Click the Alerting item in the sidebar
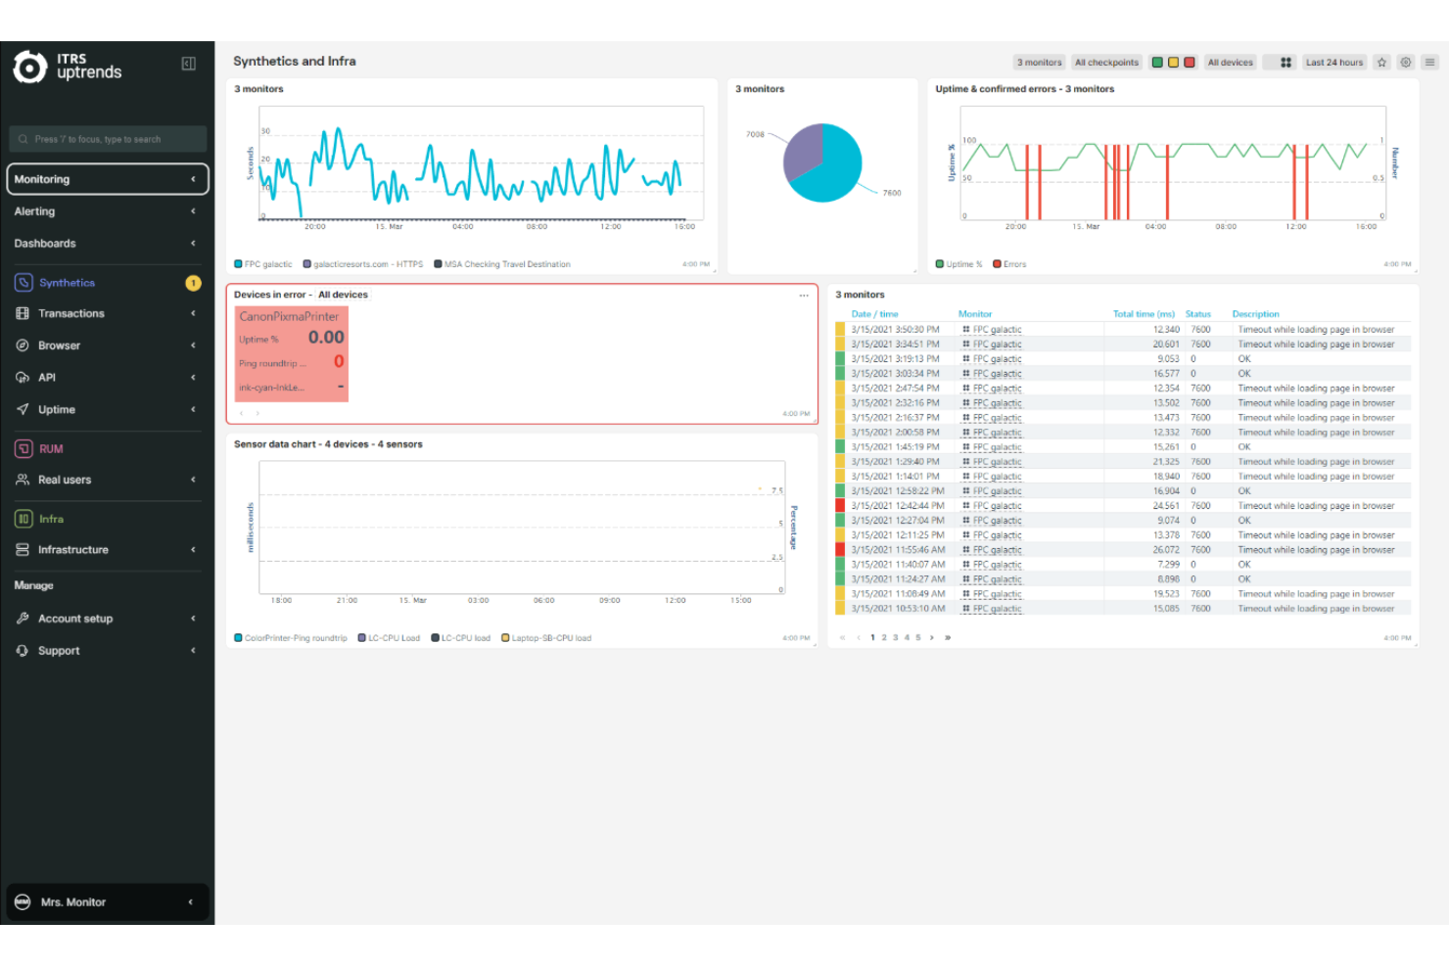click(x=35, y=211)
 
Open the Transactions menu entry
click(x=70, y=314)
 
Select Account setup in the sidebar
click(x=74, y=619)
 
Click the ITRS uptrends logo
click(x=68, y=67)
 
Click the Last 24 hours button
click(x=1333, y=63)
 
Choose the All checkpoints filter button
click(x=1106, y=63)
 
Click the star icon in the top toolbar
click(x=1381, y=63)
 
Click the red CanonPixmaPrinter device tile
click(x=292, y=353)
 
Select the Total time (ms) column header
click(x=1143, y=314)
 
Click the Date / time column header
click(x=874, y=314)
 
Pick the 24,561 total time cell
click(x=1165, y=506)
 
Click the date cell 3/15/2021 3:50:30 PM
click(x=895, y=330)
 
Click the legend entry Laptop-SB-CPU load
click(x=550, y=638)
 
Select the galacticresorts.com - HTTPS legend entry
click(x=367, y=264)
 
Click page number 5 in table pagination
click(x=917, y=638)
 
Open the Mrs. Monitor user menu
click(x=108, y=902)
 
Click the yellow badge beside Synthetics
click(x=193, y=283)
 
